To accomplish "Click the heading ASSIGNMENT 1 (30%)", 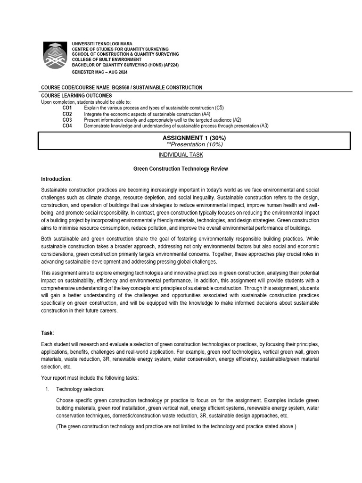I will point(194,138).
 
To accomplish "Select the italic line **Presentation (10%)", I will point(194,144).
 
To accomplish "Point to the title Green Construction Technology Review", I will point(181,168).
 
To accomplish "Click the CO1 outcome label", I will point(67,108).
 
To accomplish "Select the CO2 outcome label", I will point(67,114).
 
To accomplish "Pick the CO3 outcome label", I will point(67,120).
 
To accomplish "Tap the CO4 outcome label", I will point(67,126).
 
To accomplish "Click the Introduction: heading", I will point(57,179).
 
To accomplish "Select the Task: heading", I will point(48,333).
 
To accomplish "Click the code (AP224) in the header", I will point(171,65).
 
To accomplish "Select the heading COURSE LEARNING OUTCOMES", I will point(76,96).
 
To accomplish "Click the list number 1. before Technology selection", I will point(47,389).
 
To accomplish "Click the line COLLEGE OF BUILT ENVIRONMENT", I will point(107,59).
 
